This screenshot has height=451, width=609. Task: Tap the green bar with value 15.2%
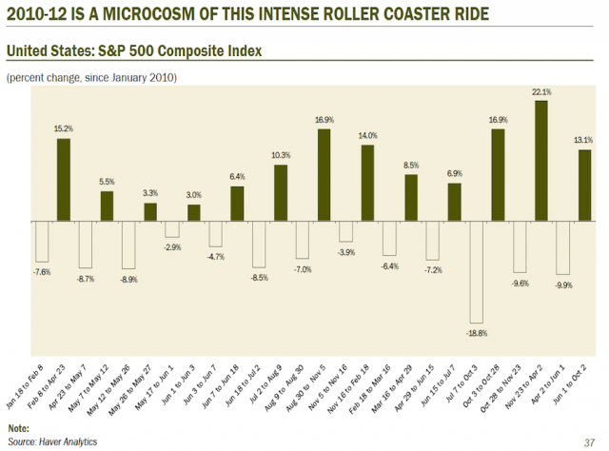click(x=63, y=180)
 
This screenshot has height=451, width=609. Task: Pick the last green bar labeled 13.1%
click(x=584, y=185)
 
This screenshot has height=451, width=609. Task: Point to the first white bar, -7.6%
click(x=41, y=241)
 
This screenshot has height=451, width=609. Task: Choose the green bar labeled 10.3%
click(x=281, y=193)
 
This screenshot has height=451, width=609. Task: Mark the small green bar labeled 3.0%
click(x=193, y=212)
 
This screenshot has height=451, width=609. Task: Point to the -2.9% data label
click(x=171, y=247)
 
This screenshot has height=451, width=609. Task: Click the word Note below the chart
click(x=18, y=428)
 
